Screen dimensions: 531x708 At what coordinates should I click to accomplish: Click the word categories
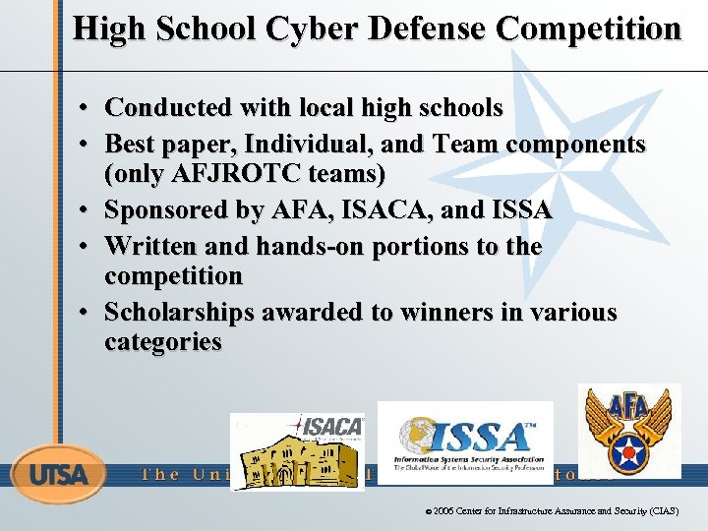(162, 342)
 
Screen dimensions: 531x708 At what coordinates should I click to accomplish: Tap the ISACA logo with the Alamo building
(297, 451)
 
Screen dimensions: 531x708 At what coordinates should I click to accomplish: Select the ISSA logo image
(465, 442)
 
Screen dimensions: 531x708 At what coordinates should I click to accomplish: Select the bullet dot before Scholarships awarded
(87, 314)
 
